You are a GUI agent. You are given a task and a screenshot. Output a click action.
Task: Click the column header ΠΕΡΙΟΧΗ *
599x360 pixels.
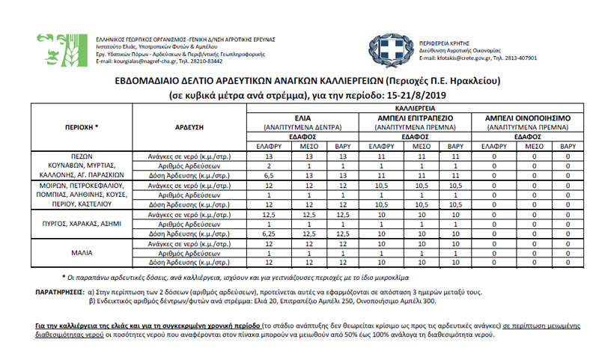click(x=82, y=127)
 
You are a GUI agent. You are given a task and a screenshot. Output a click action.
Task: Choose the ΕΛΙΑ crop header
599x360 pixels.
click(x=302, y=118)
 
